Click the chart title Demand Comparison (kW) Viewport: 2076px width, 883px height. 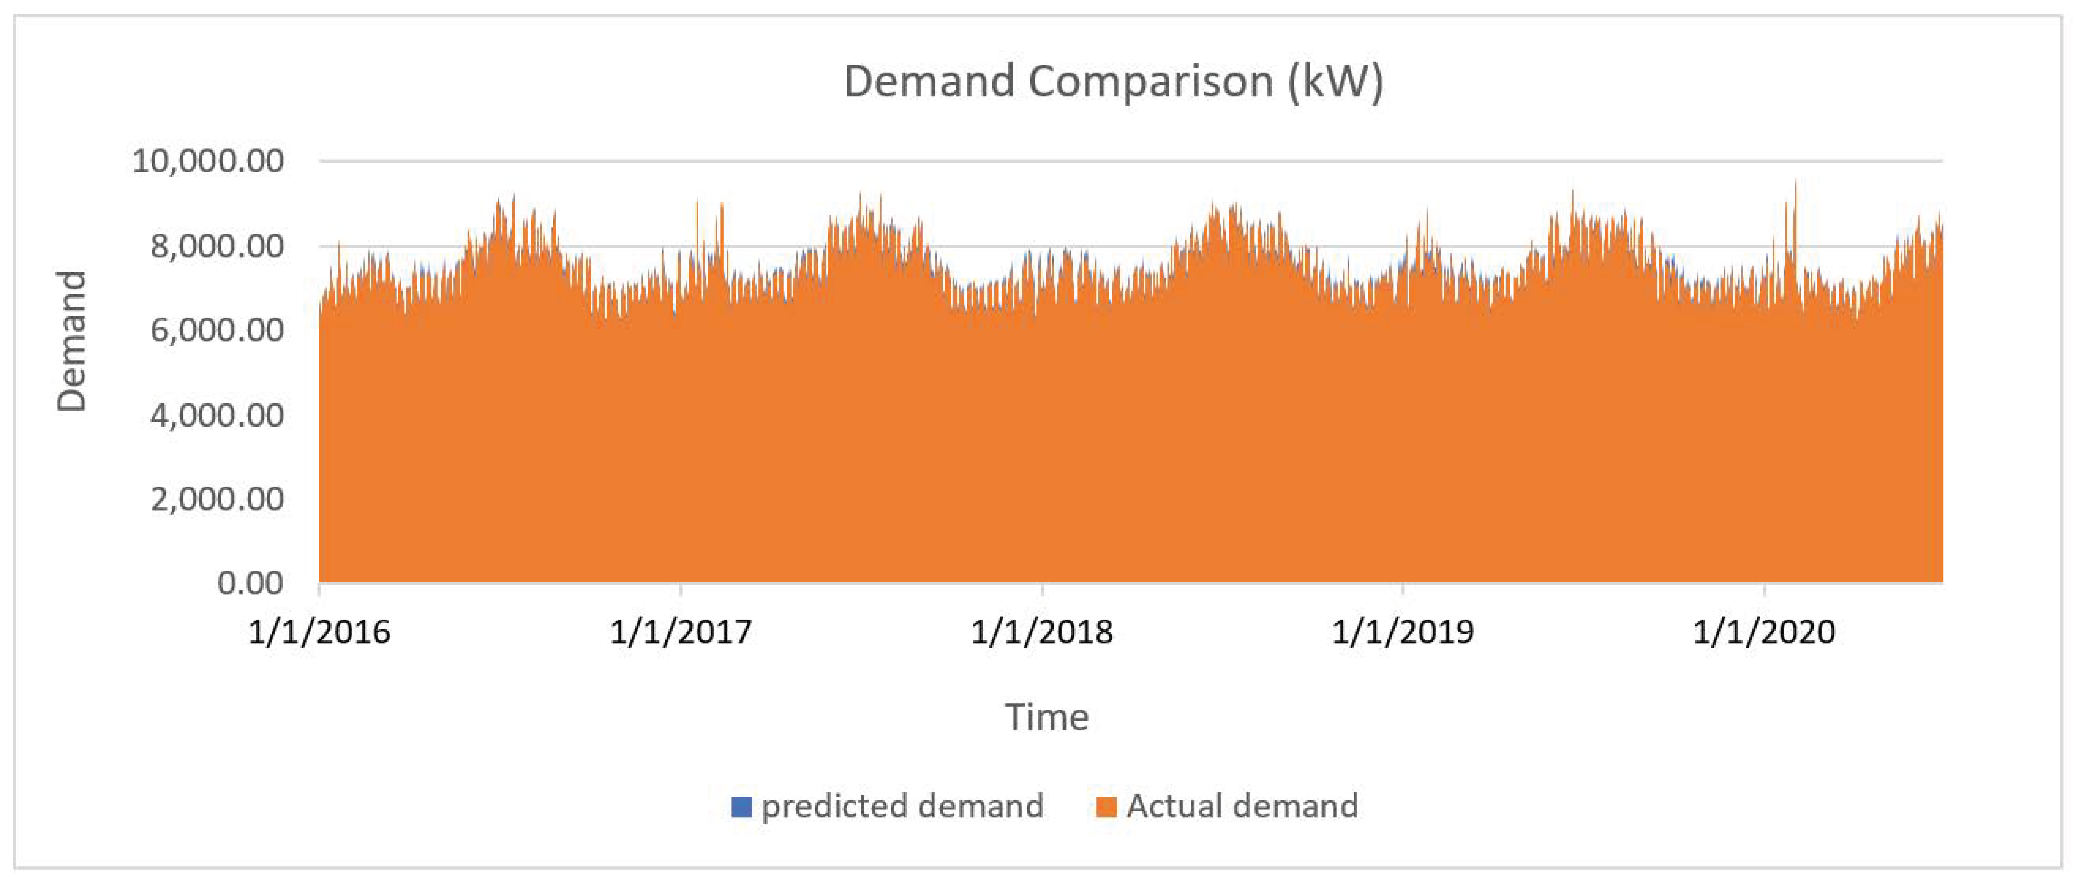(1113, 81)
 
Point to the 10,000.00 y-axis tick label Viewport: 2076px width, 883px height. (208, 161)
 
